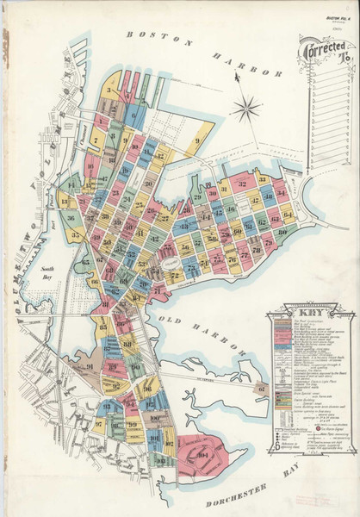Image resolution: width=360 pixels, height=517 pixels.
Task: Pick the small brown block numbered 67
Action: (258, 389)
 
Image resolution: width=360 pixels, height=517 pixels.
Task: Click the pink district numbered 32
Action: (244, 184)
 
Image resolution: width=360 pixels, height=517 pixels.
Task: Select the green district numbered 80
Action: (282, 232)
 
